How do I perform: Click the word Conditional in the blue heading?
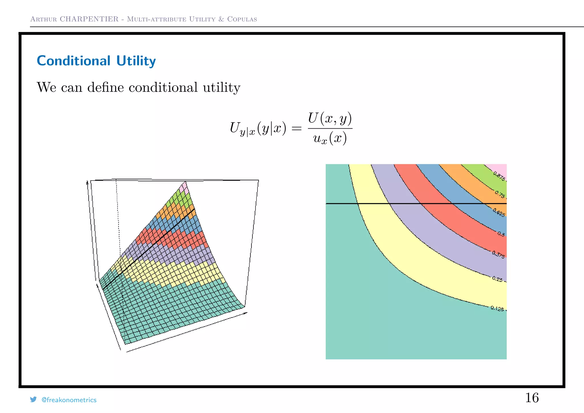pyautogui.click(x=74, y=61)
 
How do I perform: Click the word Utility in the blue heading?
pyautogui.click(x=136, y=61)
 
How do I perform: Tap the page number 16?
pyautogui.click(x=532, y=398)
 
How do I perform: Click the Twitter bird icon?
pyautogui.click(x=33, y=399)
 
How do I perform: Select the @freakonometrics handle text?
pyautogui.click(x=69, y=400)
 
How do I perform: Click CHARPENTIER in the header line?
pyautogui.click(x=89, y=19)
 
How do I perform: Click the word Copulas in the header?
pyautogui.click(x=242, y=19)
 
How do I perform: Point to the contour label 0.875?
pyautogui.click(x=499, y=176)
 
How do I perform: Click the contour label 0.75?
pyautogui.click(x=500, y=194)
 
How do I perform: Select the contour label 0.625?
pyautogui.click(x=499, y=212)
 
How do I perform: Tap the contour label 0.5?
pyautogui.click(x=501, y=234)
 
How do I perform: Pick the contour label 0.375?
pyautogui.click(x=498, y=255)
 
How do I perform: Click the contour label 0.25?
pyautogui.click(x=497, y=279)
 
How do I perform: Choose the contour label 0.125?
pyautogui.click(x=497, y=308)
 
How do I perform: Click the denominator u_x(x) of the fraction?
pyautogui.click(x=330, y=139)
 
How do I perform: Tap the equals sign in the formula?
pyautogui.click(x=297, y=129)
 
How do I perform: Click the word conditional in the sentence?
pyautogui.click(x=163, y=87)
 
